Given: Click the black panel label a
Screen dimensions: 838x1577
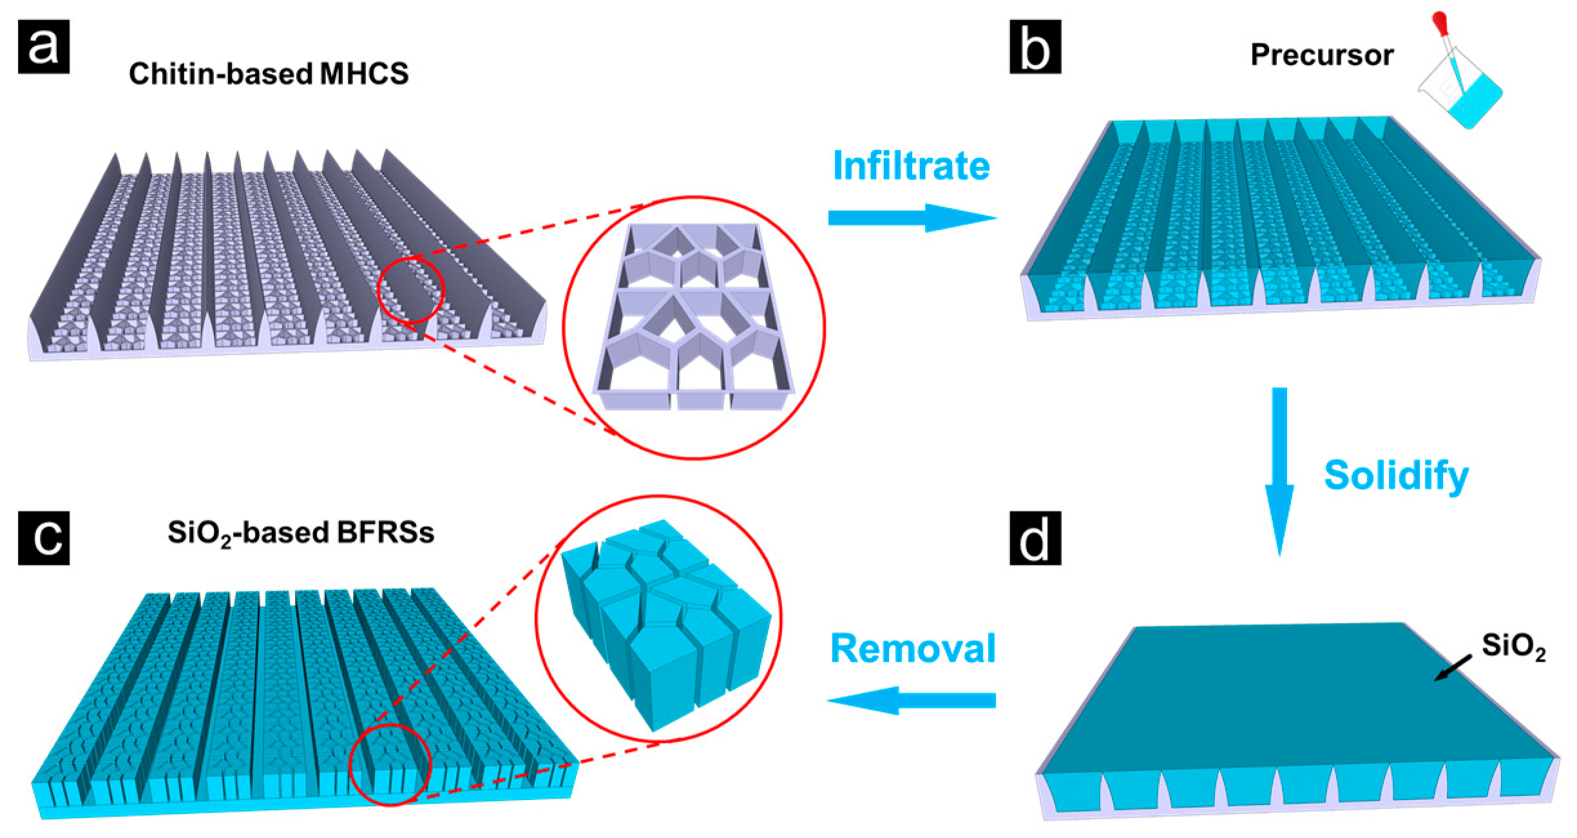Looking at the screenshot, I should (x=43, y=46).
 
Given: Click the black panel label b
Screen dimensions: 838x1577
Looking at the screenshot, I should (x=1035, y=46).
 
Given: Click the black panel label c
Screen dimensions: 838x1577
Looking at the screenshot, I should (x=43, y=538).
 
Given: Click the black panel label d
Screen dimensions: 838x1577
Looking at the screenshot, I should (x=1035, y=538).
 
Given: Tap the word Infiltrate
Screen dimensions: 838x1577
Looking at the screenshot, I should (x=911, y=166).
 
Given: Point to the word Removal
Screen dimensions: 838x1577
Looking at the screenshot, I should (x=913, y=648).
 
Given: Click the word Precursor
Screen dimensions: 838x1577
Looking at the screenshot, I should (x=1322, y=55).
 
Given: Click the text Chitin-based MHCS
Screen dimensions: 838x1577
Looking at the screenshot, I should (x=269, y=74).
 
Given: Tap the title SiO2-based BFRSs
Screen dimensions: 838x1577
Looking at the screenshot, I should (x=301, y=533).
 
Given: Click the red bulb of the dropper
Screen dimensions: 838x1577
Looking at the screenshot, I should (x=1439, y=21).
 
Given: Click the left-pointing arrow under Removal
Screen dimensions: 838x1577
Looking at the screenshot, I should (x=911, y=700).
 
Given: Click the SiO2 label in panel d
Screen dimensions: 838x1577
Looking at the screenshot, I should (x=1513, y=646).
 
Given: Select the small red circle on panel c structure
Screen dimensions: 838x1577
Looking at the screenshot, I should (x=389, y=765).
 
